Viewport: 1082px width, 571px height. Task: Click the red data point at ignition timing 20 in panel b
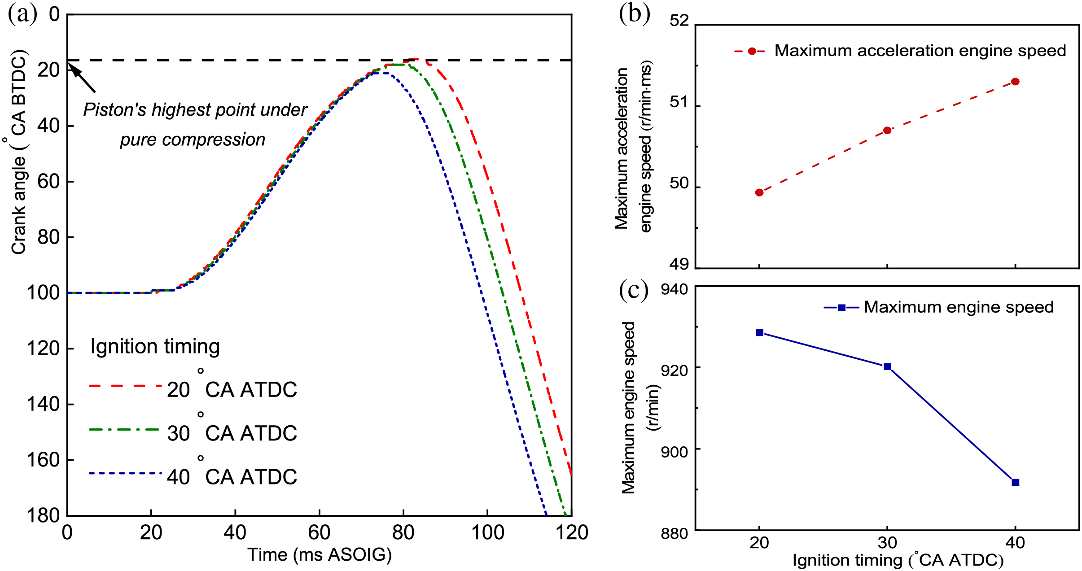[x=759, y=192]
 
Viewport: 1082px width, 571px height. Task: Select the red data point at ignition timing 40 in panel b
[x=1015, y=82]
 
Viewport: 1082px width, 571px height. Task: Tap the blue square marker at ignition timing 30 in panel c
[x=887, y=366]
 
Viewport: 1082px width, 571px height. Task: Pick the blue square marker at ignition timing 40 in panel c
[x=1016, y=482]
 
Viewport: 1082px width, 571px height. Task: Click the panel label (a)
[x=22, y=14]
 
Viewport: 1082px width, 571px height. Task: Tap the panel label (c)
[x=633, y=290]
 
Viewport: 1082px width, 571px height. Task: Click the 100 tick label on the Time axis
[x=487, y=533]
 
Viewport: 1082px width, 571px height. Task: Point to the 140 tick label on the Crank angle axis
[x=44, y=404]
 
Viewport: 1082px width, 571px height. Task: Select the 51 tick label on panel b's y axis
[x=679, y=102]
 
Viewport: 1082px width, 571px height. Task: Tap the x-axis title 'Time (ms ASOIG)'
[x=320, y=555]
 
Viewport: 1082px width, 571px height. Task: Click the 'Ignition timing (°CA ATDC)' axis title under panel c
[x=898, y=560]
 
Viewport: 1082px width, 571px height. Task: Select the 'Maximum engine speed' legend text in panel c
[x=959, y=307]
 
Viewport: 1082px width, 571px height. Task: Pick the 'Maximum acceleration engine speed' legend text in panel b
[x=920, y=51]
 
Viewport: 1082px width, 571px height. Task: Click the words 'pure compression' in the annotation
[x=193, y=139]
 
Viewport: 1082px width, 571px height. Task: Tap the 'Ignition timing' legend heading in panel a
[x=155, y=347]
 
